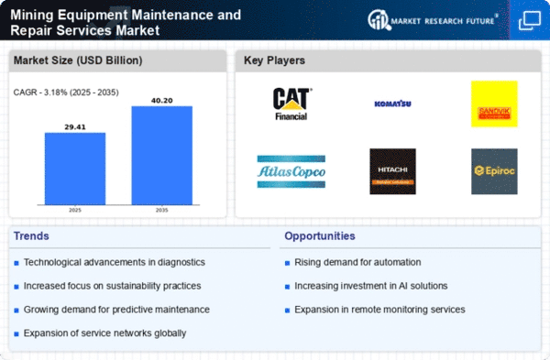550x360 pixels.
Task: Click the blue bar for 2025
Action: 75,169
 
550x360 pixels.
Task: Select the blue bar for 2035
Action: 162,156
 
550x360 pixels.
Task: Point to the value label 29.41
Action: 75,127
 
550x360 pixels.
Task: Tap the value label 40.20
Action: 162,101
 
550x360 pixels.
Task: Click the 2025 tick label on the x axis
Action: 75,210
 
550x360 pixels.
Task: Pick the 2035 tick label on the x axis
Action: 161,210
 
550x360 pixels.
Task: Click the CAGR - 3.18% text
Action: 40,93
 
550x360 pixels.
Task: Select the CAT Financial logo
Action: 291,104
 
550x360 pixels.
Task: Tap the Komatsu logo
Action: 392,104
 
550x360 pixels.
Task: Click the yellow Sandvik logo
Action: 494,104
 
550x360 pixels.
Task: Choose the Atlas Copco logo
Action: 291,171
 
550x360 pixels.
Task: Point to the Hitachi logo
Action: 392,171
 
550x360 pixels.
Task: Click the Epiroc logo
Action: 494,171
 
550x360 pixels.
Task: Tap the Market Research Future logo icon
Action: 379,20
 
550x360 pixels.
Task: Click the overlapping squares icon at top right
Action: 529,20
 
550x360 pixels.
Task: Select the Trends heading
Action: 31,236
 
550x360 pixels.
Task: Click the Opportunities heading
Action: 320,236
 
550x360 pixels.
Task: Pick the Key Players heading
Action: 274,60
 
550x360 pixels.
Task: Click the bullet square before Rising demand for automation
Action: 287,263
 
